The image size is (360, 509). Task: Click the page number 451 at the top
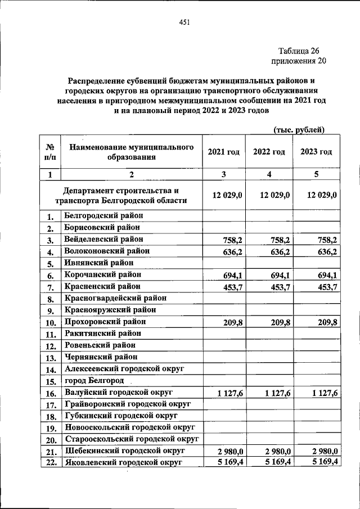(x=184, y=22)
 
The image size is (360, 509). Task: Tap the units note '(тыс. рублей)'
(x=299, y=130)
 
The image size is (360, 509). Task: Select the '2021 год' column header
(x=224, y=152)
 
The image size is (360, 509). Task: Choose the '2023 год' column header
(x=316, y=152)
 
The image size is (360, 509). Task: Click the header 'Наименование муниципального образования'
(x=131, y=151)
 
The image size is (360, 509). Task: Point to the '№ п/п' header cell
(x=49, y=152)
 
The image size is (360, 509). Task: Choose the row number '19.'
(x=50, y=428)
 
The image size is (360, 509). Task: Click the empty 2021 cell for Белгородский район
(x=224, y=216)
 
